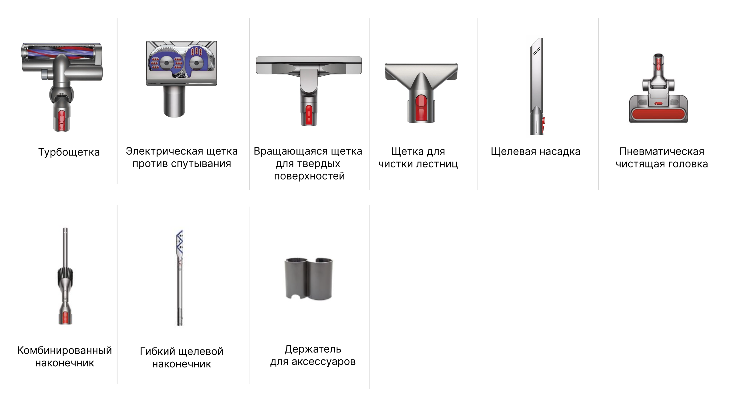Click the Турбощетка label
(69, 152)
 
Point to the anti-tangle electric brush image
(181, 79)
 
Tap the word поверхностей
(309, 176)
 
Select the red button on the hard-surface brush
(309, 115)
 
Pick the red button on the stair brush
(421, 107)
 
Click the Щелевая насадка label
(536, 151)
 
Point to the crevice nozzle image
(537, 86)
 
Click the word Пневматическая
(662, 151)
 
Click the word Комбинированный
(65, 350)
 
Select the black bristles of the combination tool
(65, 277)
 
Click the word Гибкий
(157, 351)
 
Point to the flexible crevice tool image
(180, 278)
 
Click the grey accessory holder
(309, 279)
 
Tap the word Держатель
(313, 349)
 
